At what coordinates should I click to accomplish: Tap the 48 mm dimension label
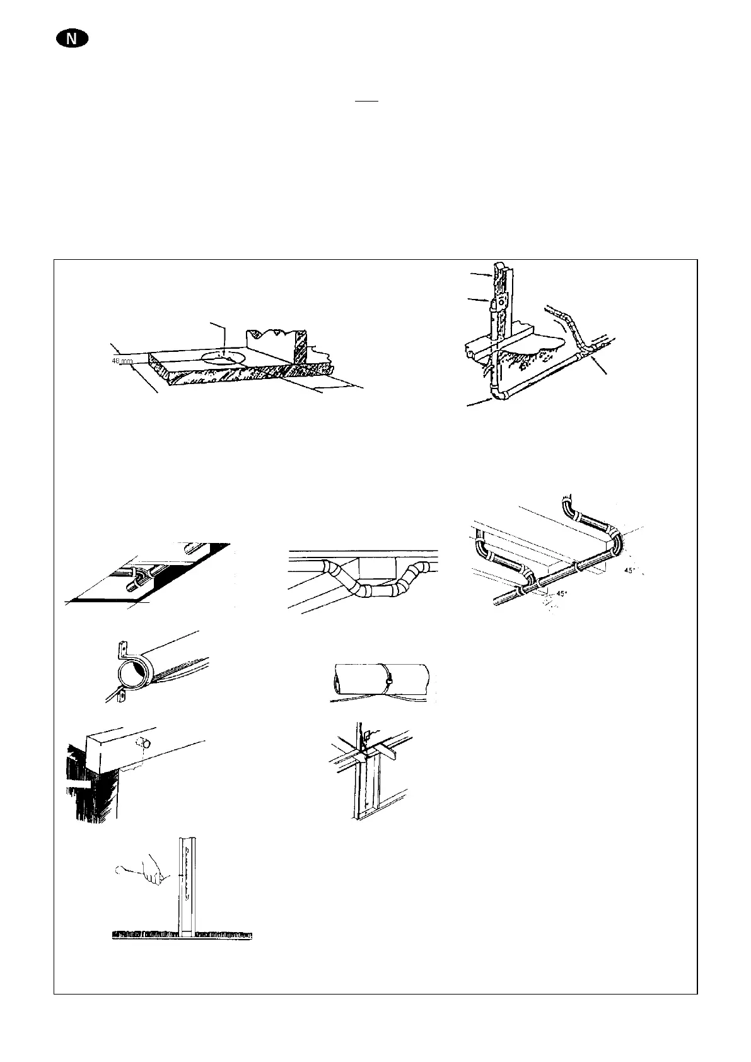pos(122,362)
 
